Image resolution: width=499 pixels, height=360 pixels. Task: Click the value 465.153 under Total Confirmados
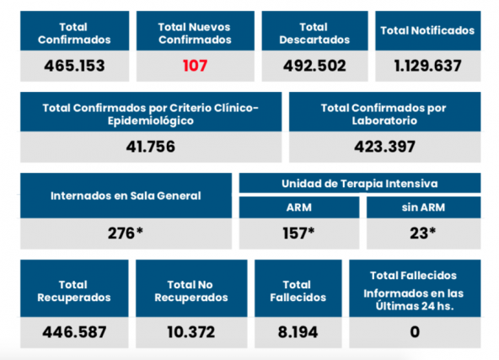coord(72,66)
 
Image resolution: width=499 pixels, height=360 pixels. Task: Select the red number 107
coord(195,66)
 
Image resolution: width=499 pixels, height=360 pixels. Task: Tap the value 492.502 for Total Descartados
coord(312,66)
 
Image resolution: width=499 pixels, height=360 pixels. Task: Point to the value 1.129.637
coord(427,66)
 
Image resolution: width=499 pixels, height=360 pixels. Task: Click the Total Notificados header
coord(427,30)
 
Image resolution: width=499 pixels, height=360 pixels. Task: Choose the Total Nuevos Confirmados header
coord(195,32)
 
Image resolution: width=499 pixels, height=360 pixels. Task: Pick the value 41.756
coord(150,147)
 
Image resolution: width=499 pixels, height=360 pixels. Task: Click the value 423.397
coord(384,147)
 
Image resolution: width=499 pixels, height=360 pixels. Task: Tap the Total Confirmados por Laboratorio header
coord(384,114)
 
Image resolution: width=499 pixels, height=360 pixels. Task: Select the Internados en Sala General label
coord(126,196)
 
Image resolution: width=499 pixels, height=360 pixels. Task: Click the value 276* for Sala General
coord(126,234)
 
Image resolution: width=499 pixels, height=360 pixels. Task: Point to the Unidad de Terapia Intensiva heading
coord(360,183)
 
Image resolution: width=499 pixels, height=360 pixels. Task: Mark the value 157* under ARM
coord(299,234)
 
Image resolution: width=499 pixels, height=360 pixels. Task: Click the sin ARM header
coord(422,207)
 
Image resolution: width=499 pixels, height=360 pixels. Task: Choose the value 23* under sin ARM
coord(422,234)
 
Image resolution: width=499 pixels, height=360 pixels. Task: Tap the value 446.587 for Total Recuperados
coord(74,331)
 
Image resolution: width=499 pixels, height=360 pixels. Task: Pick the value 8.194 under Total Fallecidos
coord(298,331)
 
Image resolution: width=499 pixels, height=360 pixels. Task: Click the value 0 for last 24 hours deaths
coord(415,331)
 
